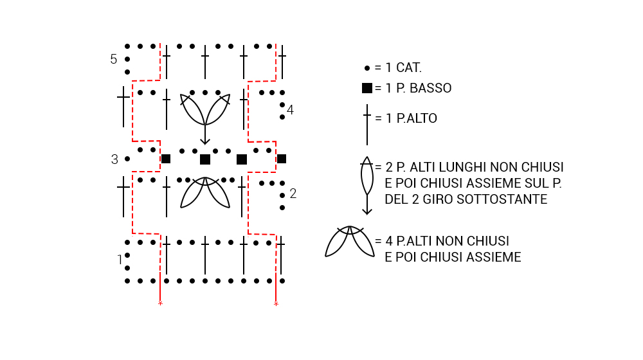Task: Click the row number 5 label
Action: [x=114, y=59]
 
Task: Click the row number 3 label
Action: [x=114, y=159]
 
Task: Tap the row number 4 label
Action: [x=290, y=110]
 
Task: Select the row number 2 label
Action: [x=293, y=194]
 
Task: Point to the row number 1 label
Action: [x=120, y=260]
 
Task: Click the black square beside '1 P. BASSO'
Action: [x=367, y=88]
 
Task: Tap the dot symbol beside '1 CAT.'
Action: [x=367, y=67]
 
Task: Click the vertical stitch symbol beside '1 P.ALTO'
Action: [x=367, y=124]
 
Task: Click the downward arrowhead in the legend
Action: [x=367, y=210]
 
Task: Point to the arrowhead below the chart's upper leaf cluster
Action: [x=205, y=140]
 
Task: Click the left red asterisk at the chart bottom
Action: [x=160, y=303]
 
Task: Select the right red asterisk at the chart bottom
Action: [x=276, y=303]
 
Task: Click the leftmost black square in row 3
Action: [x=166, y=159]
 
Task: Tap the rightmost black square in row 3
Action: [x=282, y=159]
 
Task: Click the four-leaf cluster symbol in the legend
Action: [x=350, y=241]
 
